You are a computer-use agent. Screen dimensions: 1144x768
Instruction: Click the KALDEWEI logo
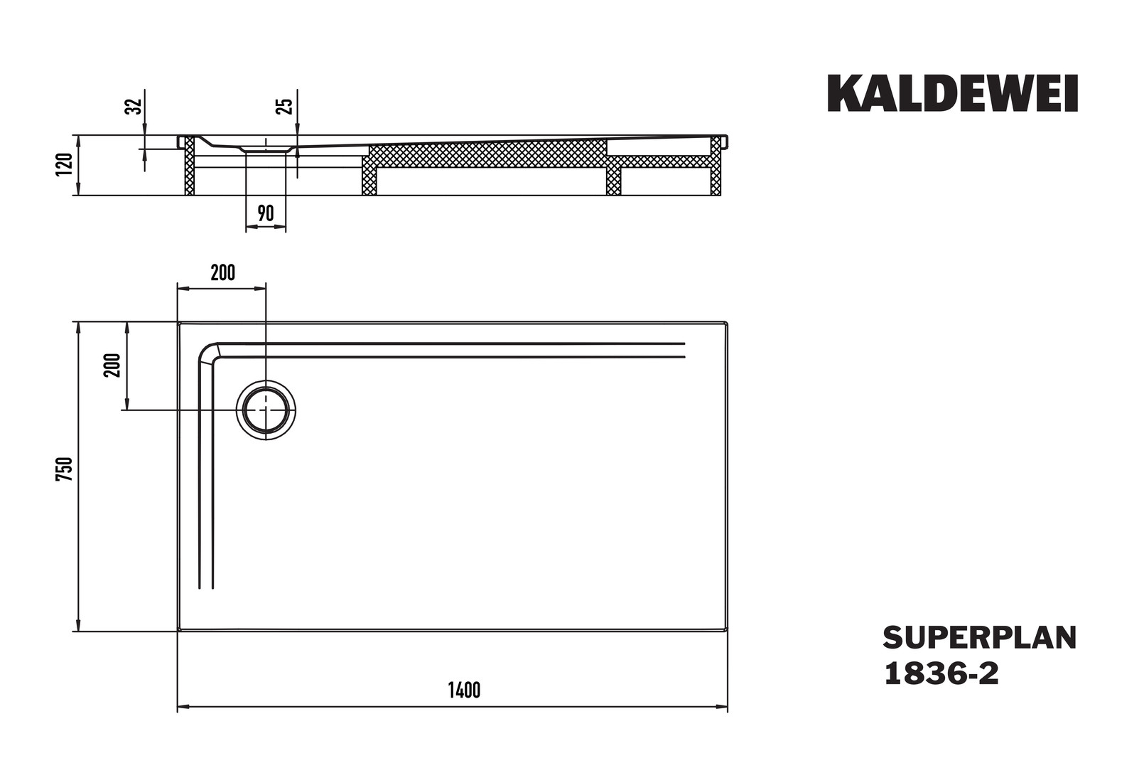(952, 93)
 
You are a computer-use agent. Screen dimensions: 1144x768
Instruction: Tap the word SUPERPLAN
(979, 638)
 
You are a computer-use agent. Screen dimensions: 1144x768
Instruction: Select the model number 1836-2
(941, 673)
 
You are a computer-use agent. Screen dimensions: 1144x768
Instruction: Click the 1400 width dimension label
(464, 690)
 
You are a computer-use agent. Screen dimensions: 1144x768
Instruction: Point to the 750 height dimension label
(65, 469)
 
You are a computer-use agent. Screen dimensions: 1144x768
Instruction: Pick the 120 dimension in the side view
(65, 164)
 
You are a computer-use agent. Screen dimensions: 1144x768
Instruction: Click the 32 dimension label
(134, 106)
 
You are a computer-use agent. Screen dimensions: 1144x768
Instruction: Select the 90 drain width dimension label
(266, 213)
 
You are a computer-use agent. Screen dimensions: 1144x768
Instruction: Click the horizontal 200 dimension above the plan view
(222, 273)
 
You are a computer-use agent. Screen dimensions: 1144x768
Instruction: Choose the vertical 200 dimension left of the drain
(112, 365)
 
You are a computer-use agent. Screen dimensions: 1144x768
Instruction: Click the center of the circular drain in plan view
(266, 410)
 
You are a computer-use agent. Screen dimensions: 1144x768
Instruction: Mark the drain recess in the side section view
(266, 149)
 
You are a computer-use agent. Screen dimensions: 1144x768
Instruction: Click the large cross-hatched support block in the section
(487, 152)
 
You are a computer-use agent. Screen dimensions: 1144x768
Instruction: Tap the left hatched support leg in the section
(190, 166)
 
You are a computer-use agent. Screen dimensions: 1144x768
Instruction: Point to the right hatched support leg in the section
(716, 166)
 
